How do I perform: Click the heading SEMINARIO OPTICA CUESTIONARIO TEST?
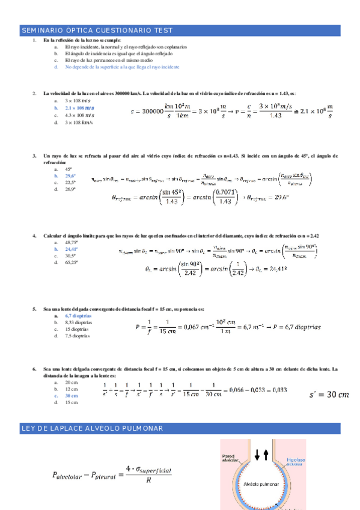97,29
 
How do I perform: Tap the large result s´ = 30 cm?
328,395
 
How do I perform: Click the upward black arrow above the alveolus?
266,455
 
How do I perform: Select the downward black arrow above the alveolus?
258,455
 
